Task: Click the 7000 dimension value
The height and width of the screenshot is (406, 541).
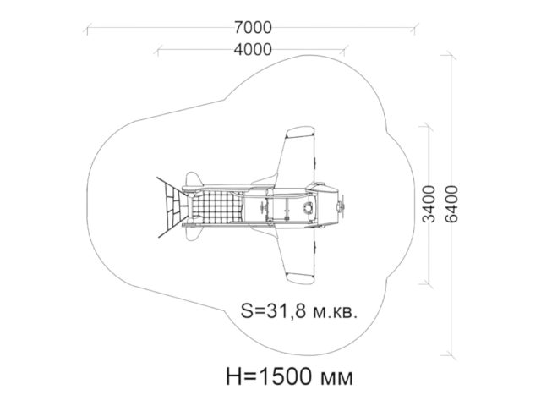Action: [253, 28]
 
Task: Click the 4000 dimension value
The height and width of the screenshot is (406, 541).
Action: [253, 50]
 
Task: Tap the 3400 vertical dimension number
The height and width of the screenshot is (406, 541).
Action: [429, 204]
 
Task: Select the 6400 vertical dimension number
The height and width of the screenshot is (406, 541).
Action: [451, 204]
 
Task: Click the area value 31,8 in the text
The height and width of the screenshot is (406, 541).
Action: [285, 312]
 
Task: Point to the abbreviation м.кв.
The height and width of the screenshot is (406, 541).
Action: [335, 312]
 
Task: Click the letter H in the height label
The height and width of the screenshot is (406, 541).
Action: [233, 376]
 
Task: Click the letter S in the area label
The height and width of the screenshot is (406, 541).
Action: [246, 311]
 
